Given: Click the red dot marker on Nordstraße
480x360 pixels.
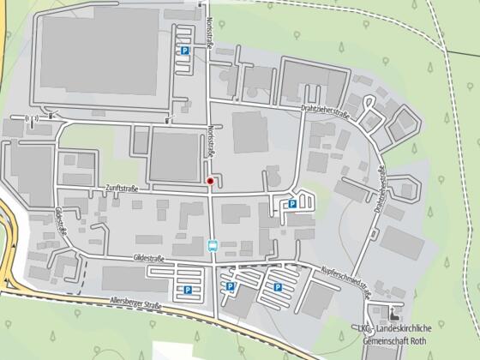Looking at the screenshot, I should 209,181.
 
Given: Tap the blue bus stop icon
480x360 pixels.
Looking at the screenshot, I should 213,245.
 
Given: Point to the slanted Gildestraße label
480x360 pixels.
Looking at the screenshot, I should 61,220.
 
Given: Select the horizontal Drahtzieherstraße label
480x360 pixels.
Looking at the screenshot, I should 326,111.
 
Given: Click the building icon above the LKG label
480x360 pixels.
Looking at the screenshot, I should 395,314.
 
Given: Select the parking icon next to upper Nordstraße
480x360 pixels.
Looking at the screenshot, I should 183,51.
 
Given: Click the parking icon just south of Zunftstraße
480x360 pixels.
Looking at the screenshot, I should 292,204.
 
